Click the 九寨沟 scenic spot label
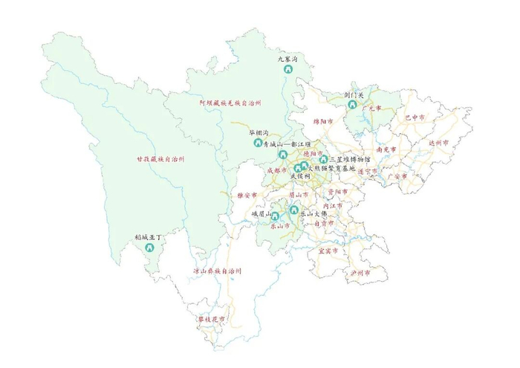pyautogui.click(x=287, y=58)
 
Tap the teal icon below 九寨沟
pyautogui.click(x=287, y=69)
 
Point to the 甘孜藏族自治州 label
pyautogui.click(x=160, y=158)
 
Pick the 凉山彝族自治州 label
pyautogui.click(x=217, y=271)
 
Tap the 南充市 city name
pyautogui.click(x=386, y=149)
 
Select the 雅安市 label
pyautogui.click(x=247, y=195)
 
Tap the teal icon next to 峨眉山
pyautogui.click(x=276, y=216)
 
